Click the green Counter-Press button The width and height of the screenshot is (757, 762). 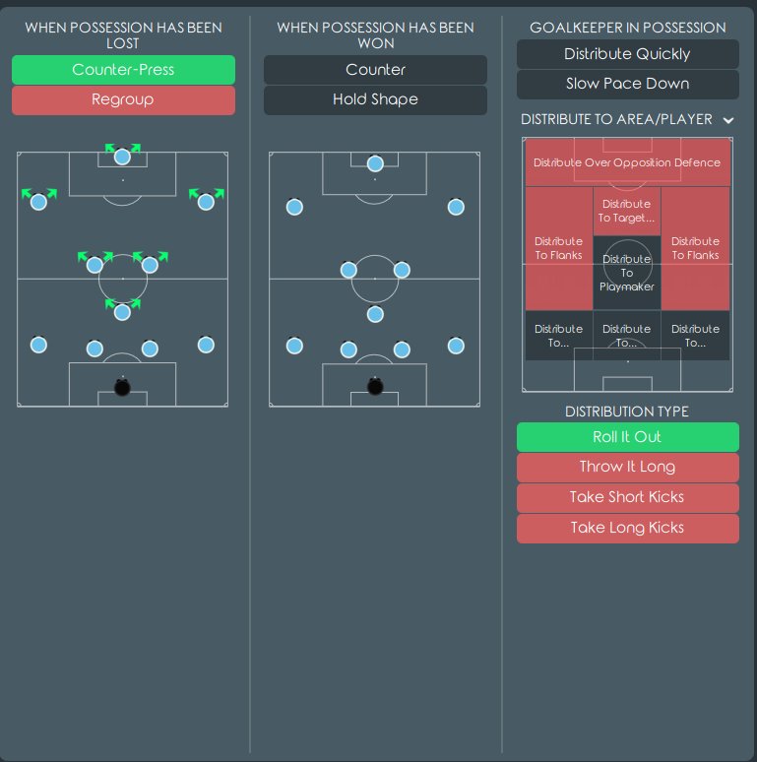click(x=123, y=70)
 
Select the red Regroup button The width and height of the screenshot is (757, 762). click(x=123, y=100)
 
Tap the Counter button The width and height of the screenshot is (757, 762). click(x=375, y=70)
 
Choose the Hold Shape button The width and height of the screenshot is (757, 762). click(x=375, y=100)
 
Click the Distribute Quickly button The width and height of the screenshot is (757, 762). click(x=628, y=54)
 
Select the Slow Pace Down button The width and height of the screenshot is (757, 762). click(x=628, y=84)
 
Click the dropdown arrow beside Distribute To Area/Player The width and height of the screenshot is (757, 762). click(x=727, y=120)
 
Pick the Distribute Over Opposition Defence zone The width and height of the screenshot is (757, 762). click(x=627, y=162)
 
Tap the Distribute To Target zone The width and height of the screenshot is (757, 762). click(x=627, y=212)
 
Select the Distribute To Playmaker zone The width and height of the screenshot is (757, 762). click(x=627, y=273)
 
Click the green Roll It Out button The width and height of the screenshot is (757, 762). click(x=628, y=437)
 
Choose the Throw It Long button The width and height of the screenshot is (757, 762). click(x=628, y=468)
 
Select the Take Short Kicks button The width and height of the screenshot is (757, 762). click(x=628, y=497)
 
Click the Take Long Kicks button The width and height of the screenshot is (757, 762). click(x=628, y=529)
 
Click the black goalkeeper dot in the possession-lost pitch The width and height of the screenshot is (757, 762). click(x=122, y=387)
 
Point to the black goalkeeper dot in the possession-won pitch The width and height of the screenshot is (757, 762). click(x=375, y=386)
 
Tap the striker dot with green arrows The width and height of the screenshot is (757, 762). click(x=122, y=157)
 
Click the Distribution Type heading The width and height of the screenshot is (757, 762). click(x=627, y=412)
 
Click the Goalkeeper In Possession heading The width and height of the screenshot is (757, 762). click(x=628, y=28)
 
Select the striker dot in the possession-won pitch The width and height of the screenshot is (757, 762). click(x=375, y=163)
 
